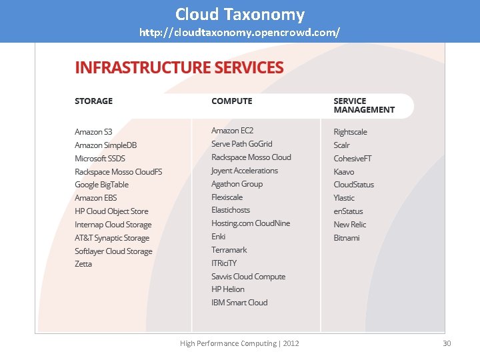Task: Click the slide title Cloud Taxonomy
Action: point(240,14)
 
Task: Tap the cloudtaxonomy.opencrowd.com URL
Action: point(240,32)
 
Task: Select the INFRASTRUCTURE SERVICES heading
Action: point(179,67)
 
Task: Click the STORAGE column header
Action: point(93,101)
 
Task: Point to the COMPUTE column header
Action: point(231,101)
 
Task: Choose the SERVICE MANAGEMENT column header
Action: point(364,105)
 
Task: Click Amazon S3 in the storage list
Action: point(93,132)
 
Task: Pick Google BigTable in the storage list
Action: point(101,185)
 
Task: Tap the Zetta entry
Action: point(83,264)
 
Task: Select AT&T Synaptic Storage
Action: point(112,238)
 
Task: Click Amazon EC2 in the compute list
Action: point(232,131)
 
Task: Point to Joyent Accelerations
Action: point(245,171)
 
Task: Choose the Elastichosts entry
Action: point(231,210)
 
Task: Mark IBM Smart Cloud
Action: point(239,303)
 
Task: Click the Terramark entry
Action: point(229,250)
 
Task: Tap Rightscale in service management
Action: point(350,132)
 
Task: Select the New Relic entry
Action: point(350,225)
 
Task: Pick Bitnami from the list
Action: point(347,238)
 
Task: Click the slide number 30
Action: point(447,343)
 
